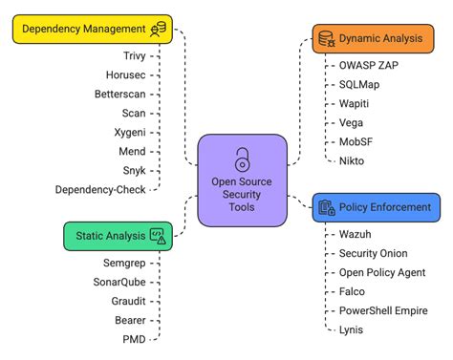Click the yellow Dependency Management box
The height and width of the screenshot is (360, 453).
(x=92, y=30)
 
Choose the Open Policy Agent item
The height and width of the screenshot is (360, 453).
(x=381, y=272)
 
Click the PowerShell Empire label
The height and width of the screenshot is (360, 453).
(x=383, y=310)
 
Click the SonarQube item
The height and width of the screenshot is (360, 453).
(x=119, y=282)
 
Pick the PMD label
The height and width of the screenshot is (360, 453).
(x=134, y=339)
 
